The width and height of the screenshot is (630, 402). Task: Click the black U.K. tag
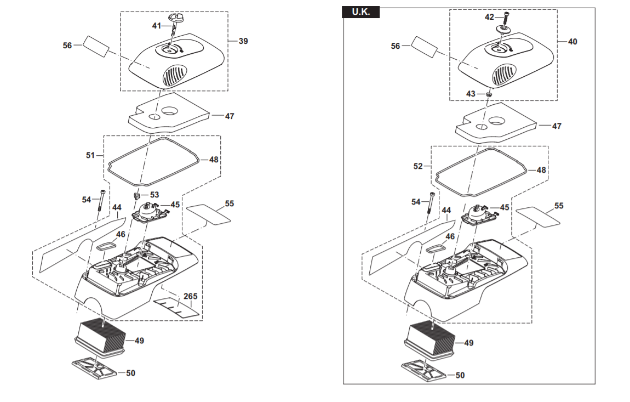[360, 12]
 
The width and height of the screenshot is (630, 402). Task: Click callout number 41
[157, 25]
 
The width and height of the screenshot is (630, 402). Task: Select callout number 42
[489, 17]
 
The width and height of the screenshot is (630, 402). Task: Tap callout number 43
[471, 94]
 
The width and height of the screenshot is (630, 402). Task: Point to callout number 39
[243, 41]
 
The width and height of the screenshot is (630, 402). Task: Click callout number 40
[572, 41]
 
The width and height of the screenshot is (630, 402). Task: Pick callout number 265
[190, 296]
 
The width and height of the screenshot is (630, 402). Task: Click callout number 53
[154, 195]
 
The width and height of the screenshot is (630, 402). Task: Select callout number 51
[90, 155]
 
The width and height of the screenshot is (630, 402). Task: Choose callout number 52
[418, 166]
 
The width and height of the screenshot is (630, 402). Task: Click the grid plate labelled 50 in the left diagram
[95, 369]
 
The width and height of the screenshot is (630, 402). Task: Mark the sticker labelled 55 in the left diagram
[209, 214]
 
